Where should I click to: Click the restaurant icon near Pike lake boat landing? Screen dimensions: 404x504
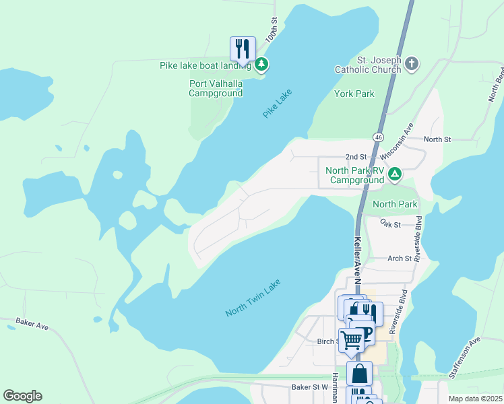[x=243, y=48]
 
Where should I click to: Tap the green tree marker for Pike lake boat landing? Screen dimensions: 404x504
[x=261, y=65]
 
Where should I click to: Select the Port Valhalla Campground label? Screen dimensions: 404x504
[x=216, y=88]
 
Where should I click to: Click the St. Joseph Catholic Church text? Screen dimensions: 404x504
[x=379, y=65]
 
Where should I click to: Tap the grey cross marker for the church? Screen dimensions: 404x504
[x=412, y=65]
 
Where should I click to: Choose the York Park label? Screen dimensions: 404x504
[x=354, y=94]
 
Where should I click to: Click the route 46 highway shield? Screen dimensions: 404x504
[x=379, y=137]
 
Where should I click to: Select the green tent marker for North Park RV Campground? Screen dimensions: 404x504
[x=395, y=175]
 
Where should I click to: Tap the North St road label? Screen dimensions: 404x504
[x=437, y=139]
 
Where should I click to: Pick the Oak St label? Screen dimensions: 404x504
[x=390, y=223]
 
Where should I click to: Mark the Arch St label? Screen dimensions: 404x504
[x=399, y=258]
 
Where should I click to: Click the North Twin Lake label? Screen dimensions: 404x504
[x=253, y=298]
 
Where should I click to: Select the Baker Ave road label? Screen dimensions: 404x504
[x=32, y=326]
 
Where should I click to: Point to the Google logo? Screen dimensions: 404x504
[x=22, y=396]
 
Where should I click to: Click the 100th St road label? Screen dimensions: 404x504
[x=272, y=31]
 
